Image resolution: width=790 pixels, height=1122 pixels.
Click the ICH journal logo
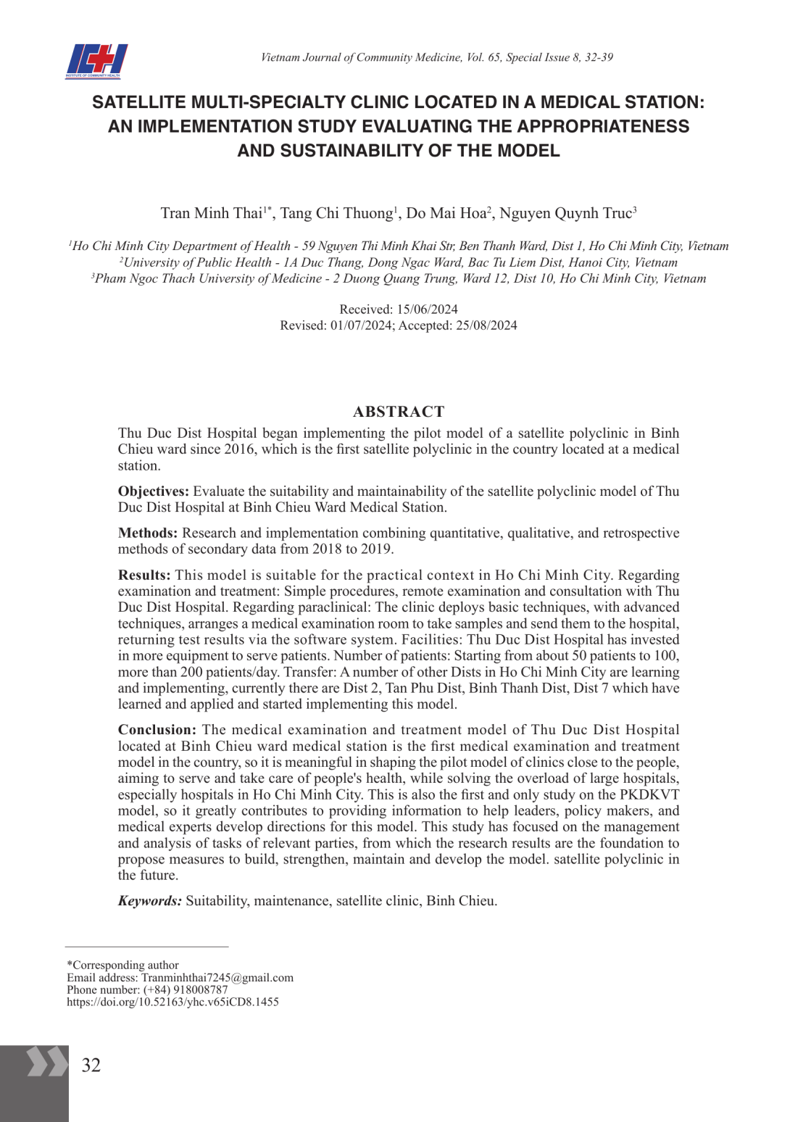tap(96, 61)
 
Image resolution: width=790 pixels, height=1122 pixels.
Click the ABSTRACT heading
tap(398, 412)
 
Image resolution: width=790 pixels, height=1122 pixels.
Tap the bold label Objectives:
tap(153, 491)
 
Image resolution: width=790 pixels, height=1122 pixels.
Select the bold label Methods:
tap(148, 533)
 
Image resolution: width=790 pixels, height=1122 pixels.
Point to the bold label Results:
tap(144, 575)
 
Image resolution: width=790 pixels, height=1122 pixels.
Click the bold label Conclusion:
tap(157, 730)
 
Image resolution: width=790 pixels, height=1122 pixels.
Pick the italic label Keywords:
tap(150, 901)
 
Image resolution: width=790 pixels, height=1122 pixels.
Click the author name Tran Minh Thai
tap(211, 213)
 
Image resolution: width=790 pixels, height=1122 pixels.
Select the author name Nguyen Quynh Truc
tap(565, 213)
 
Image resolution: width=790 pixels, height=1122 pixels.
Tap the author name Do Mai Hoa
tap(445, 213)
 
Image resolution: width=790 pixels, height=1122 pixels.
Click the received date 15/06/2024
tap(427, 309)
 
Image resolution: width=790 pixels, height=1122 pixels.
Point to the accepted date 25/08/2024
tap(486, 325)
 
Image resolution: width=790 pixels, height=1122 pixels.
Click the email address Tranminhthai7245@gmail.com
tap(217, 978)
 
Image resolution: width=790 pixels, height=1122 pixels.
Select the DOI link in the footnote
tap(172, 1002)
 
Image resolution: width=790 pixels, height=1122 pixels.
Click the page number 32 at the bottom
tap(91, 1065)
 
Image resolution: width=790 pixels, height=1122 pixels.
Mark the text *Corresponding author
tap(122, 965)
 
